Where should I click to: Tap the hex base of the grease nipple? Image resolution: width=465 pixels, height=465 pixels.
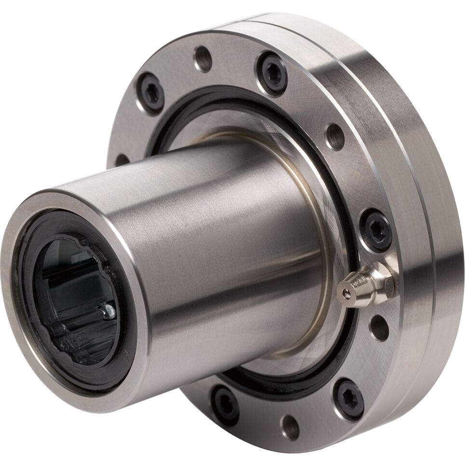coord(381,282)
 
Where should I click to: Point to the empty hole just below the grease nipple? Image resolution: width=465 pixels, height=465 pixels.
coord(380,328)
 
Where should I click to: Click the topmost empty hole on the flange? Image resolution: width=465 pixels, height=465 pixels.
coord(203,59)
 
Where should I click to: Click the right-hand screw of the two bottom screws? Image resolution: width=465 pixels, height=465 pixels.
coord(350,398)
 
